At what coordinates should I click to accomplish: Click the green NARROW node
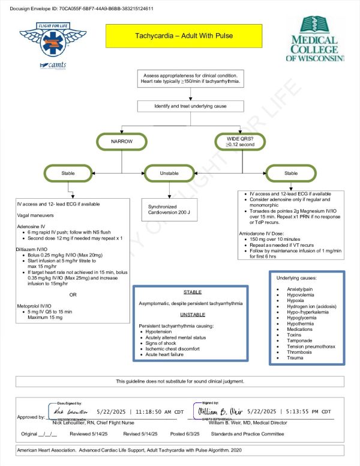pyautogui.click(x=122, y=142)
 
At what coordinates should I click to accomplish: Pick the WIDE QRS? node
pyautogui.click(x=239, y=142)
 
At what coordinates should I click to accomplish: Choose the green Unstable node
pyautogui.click(x=169, y=173)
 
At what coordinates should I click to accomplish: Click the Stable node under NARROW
pyautogui.click(x=69, y=173)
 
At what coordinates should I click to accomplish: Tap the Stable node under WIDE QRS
pyautogui.click(x=290, y=173)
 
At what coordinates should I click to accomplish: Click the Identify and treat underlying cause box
pyautogui.click(x=182, y=106)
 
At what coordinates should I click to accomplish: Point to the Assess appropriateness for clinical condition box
pyautogui.click(x=190, y=77)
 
